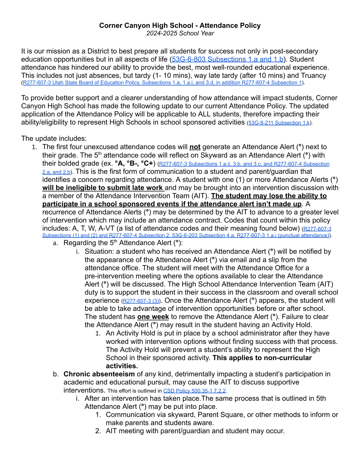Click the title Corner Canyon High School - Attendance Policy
[x=180, y=25]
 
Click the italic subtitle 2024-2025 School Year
[x=180, y=33]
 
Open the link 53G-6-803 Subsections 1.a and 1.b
[x=228, y=59]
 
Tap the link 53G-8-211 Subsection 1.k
[x=279, y=123]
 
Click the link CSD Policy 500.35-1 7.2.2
[x=195, y=391]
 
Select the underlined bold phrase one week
[x=153, y=317]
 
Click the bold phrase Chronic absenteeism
[x=99, y=374]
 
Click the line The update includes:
[x=54, y=138]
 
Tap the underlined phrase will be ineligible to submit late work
[x=103, y=188]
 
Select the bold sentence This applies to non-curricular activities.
[x=262, y=358]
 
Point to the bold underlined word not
[x=195, y=147]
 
